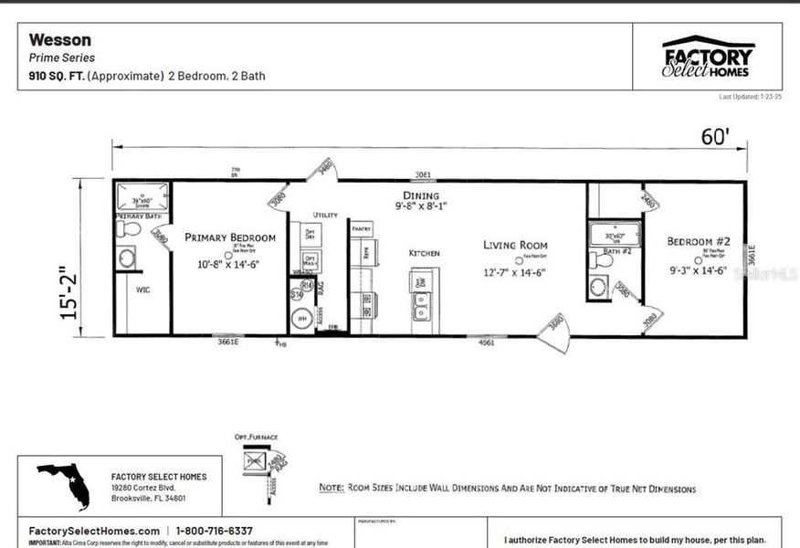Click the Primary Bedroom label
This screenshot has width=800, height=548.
229,237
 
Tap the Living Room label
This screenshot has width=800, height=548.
515,245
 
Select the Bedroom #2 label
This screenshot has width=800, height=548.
698,241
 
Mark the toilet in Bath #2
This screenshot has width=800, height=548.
602,260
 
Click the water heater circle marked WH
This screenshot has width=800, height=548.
301,320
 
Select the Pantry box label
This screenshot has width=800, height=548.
361,228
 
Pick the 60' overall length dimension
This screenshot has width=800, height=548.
715,136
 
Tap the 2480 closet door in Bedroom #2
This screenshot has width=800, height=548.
648,199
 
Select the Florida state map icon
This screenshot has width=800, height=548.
64,485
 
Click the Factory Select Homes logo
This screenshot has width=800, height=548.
708,57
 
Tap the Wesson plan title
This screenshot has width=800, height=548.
60,39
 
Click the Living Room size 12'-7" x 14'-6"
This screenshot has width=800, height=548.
515,271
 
